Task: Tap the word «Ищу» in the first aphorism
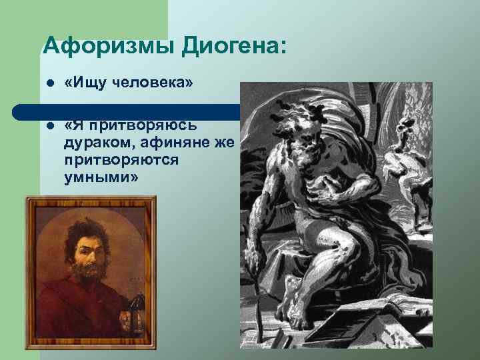pos(84,83)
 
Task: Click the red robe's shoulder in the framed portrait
pos(53,293)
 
